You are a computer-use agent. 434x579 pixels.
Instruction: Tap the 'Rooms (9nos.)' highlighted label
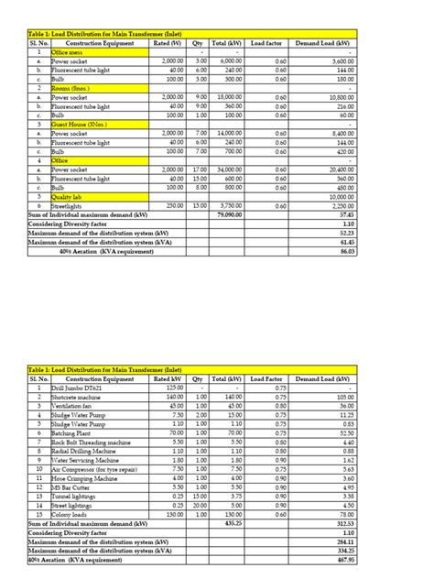pyautogui.click(x=75, y=88)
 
